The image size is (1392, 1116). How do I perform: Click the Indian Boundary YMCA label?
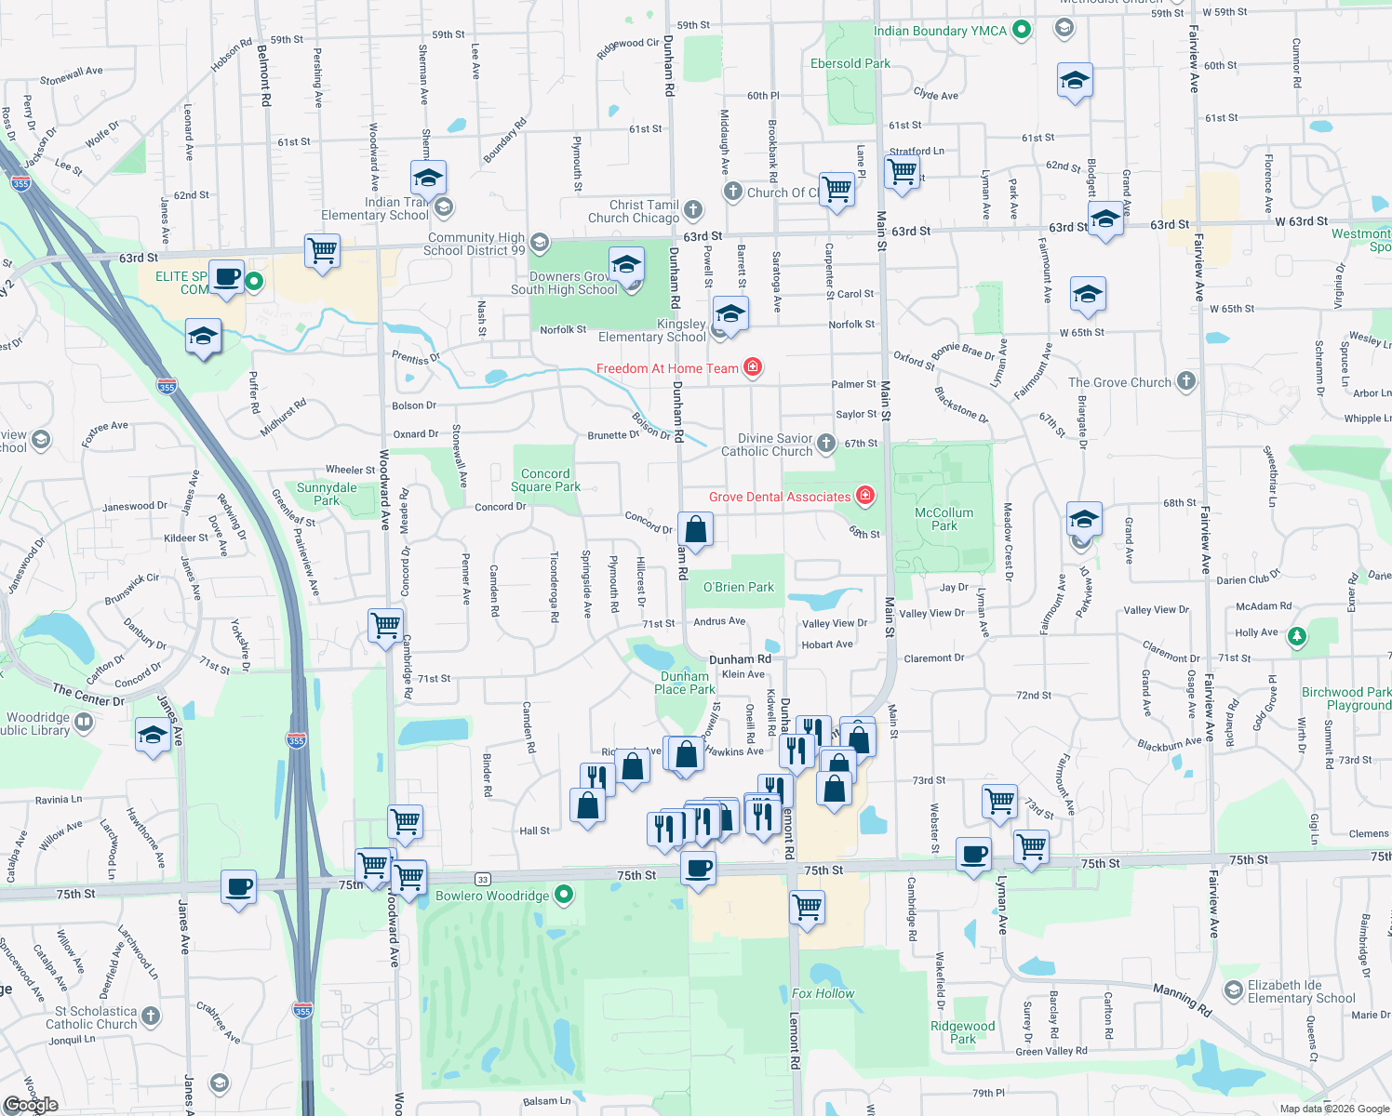[x=940, y=31]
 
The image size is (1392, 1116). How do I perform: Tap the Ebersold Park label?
[x=850, y=63]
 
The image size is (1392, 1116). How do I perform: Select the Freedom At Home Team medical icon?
[x=753, y=367]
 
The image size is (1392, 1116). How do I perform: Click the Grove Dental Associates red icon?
[x=865, y=496]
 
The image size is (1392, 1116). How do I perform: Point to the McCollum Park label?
[x=944, y=519]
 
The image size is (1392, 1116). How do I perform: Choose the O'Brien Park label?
[x=738, y=587]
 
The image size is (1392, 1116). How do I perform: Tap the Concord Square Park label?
[x=545, y=480]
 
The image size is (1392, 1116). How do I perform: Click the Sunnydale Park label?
[x=327, y=494]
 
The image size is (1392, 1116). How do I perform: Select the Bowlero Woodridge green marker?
[x=564, y=895]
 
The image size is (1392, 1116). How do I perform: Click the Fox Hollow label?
[x=823, y=993]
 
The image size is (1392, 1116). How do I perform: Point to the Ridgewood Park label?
[x=962, y=1032]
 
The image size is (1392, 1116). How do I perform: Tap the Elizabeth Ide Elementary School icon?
[x=1234, y=990]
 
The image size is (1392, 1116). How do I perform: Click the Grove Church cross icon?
[x=1185, y=380]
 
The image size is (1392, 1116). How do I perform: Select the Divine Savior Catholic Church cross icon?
[x=826, y=444]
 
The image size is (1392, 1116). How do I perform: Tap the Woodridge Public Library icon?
[x=84, y=722]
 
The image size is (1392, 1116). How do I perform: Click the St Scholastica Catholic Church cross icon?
[x=151, y=1016]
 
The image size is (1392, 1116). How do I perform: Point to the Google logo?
[x=32, y=1104]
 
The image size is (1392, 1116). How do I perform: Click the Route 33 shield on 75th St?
[x=482, y=879]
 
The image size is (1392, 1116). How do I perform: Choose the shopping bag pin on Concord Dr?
[x=695, y=531]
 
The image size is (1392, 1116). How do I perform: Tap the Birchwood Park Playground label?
[x=1346, y=698]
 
